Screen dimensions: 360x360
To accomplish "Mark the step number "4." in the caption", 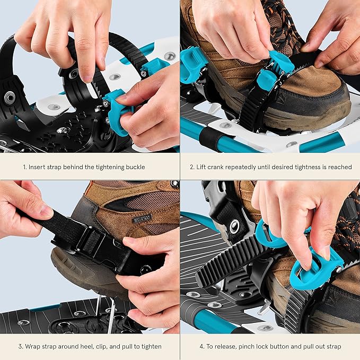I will [x=203, y=347].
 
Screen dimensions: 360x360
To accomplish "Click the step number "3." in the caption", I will [x=21, y=347].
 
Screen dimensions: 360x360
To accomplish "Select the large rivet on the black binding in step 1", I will [x=10, y=97].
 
